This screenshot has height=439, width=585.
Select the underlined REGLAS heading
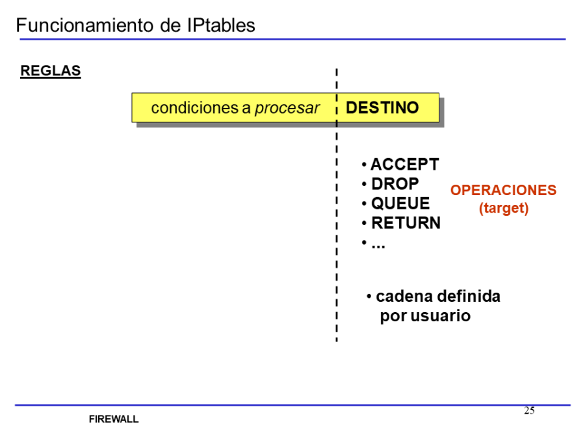pyautogui.click(x=51, y=71)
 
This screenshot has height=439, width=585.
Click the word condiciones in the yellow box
pyautogui.click(x=194, y=108)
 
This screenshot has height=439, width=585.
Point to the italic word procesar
pyautogui.click(x=287, y=108)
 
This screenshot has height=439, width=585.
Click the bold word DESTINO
pyautogui.click(x=382, y=108)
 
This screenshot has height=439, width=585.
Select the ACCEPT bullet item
pyautogui.click(x=404, y=165)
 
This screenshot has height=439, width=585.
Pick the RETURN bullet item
pyautogui.click(x=406, y=223)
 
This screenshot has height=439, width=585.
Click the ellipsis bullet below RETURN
pyautogui.click(x=378, y=243)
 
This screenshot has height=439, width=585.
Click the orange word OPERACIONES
pyautogui.click(x=503, y=191)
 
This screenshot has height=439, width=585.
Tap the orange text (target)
pyautogui.click(x=504, y=209)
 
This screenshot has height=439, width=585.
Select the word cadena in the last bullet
pyautogui.click(x=404, y=297)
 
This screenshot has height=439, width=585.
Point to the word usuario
pyautogui.click(x=440, y=317)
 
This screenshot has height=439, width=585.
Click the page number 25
pyautogui.click(x=529, y=410)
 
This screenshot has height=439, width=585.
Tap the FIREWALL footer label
pyautogui.click(x=114, y=419)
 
